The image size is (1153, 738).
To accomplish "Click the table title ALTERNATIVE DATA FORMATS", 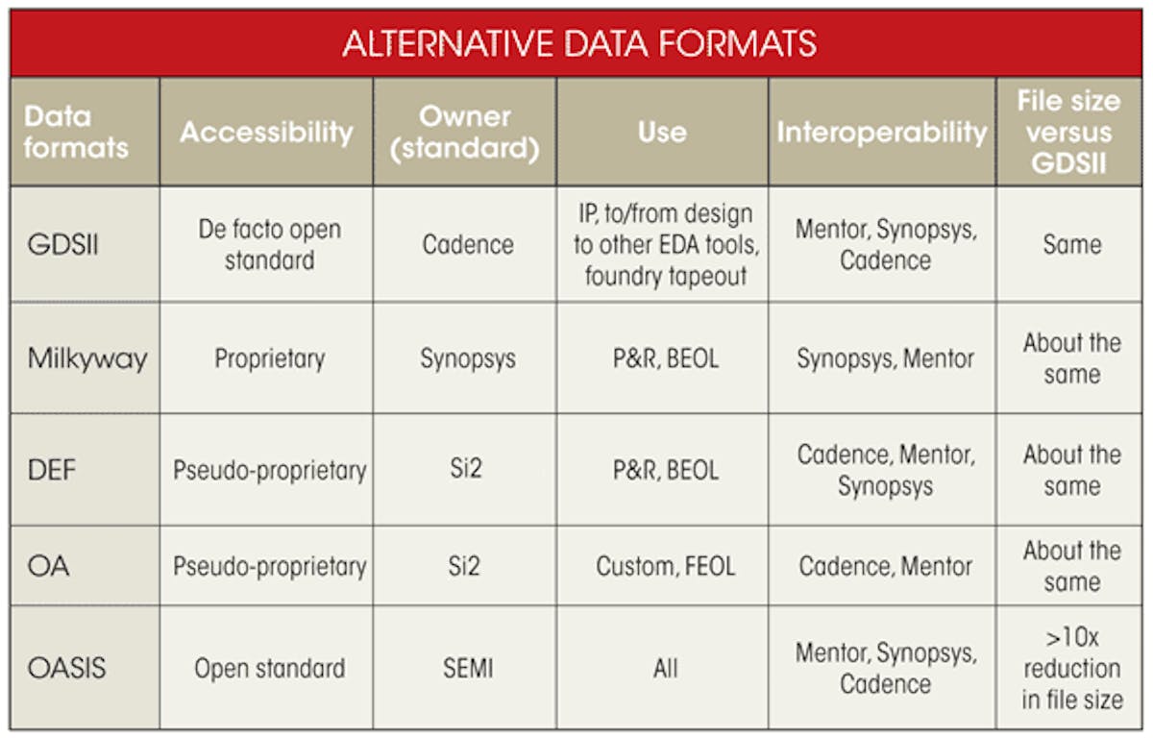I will point(579,43).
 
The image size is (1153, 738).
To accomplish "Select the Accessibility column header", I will point(266,132).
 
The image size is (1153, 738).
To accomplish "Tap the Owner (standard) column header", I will point(465,132).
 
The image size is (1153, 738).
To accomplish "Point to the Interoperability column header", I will point(882,132).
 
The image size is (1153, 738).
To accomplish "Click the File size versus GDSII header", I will point(1071,132).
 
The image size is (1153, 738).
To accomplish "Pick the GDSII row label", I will point(62,244).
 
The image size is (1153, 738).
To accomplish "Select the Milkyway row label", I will point(87,358).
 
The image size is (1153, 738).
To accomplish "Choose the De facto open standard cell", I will point(269,244).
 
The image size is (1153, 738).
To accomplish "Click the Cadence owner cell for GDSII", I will point(467,244).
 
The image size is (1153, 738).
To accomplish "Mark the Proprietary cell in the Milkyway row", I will point(269,358).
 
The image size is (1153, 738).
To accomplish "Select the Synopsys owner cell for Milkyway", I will point(467,358).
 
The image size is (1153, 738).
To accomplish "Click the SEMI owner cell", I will point(467,668).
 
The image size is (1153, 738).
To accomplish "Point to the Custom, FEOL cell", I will point(665,566).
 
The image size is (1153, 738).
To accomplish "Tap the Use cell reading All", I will point(665,668).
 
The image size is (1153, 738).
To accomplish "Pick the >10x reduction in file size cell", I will point(1071,668).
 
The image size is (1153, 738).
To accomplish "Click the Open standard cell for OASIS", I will point(269,668).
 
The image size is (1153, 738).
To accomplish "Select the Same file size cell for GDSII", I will point(1071,244).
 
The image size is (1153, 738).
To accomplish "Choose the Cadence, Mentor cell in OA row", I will point(885,566).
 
